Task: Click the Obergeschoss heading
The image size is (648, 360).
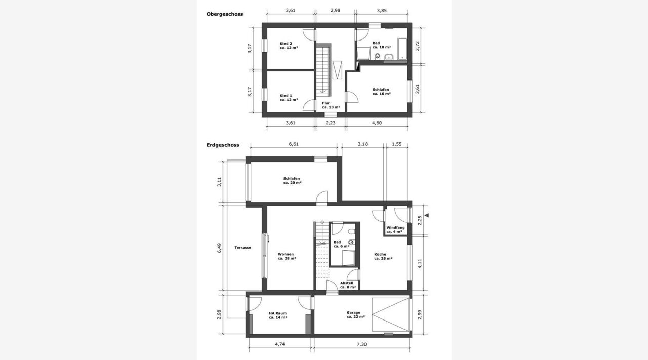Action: pyautogui.click(x=224, y=14)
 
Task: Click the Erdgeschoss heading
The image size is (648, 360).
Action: pyautogui.click(x=223, y=145)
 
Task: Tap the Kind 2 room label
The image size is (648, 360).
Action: pyautogui.click(x=289, y=46)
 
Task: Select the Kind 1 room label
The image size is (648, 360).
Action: pyautogui.click(x=289, y=98)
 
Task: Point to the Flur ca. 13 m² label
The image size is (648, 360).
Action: pyautogui.click(x=331, y=105)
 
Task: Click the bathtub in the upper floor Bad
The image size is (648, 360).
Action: pyautogui.click(x=402, y=49)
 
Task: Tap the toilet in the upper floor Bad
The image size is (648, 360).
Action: pyautogui.click(x=377, y=56)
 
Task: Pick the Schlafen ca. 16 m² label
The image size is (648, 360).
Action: pyautogui.click(x=382, y=92)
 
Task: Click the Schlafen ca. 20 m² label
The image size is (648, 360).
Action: pyautogui.click(x=292, y=181)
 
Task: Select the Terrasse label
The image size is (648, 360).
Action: pyautogui.click(x=242, y=248)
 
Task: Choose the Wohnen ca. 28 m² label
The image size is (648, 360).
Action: pyautogui.click(x=287, y=256)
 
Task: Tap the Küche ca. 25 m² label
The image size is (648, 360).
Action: pyautogui.click(x=383, y=256)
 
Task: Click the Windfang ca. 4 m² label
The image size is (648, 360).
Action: pyautogui.click(x=395, y=230)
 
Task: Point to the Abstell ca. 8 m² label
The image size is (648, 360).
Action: pyautogui.click(x=348, y=285)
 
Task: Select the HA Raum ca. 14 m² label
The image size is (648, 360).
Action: pyautogui.click(x=278, y=315)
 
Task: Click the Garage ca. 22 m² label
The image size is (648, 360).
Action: pyautogui.click(x=355, y=314)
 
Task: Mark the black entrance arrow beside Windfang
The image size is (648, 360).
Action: pyautogui.click(x=427, y=216)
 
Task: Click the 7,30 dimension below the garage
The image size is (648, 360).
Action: pyautogui.click(x=361, y=344)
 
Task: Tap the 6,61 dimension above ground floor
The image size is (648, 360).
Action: pyautogui.click(x=294, y=144)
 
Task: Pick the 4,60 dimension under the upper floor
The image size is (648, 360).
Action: pyautogui.click(x=377, y=123)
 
